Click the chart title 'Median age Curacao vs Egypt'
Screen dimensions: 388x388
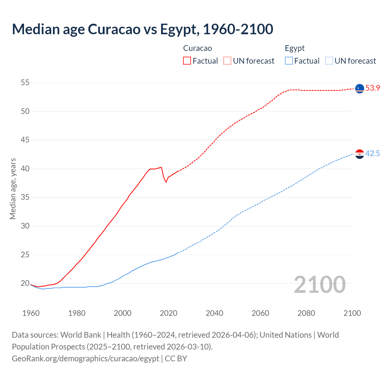click(x=142, y=29)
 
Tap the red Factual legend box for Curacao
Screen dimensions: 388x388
click(x=187, y=61)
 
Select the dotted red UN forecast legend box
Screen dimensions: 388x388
click(x=227, y=61)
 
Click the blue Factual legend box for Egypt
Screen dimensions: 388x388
click(x=289, y=61)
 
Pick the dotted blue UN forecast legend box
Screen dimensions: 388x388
click(x=329, y=61)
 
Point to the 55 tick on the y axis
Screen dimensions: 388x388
click(x=25, y=83)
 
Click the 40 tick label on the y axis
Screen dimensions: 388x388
click(x=25, y=169)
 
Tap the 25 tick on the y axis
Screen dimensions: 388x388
click(x=25, y=255)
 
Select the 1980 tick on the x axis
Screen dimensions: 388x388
click(x=77, y=313)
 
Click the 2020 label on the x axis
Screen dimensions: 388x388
click(x=169, y=313)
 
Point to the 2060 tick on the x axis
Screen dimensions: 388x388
click(x=260, y=313)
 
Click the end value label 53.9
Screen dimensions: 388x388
click(x=373, y=88)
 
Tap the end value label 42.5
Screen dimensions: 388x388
click(x=373, y=154)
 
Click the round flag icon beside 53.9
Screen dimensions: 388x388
click(x=360, y=89)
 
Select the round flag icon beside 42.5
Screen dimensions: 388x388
click(x=360, y=154)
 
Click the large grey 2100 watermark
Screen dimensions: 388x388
click(x=319, y=284)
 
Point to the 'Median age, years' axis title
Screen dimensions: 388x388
click(x=13, y=189)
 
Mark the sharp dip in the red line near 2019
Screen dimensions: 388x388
click(x=166, y=182)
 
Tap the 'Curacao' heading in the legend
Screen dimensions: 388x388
click(x=198, y=48)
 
